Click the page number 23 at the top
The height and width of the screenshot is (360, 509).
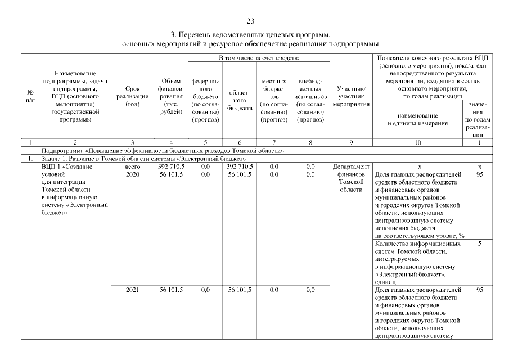pyautogui.click(x=251, y=21)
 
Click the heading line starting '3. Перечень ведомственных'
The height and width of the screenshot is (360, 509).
pyautogui.click(x=251, y=35)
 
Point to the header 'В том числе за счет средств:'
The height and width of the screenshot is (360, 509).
pyautogui.click(x=258, y=58)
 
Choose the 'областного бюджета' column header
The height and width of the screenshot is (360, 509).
pyautogui.click(x=240, y=100)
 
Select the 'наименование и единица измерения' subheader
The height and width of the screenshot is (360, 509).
pyautogui.click(x=417, y=119)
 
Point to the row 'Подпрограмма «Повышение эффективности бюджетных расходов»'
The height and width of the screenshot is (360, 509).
pyautogui.click(x=163, y=151)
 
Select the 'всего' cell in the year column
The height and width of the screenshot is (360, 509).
pyautogui.click(x=132, y=166)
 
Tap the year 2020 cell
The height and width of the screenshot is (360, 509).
pyautogui.click(x=132, y=174)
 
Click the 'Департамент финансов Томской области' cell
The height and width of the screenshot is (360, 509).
pyautogui.click(x=351, y=178)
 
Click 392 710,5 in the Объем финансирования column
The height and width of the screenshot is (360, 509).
pyautogui.click(x=171, y=166)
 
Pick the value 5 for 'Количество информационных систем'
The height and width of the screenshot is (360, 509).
pyautogui.click(x=479, y=244)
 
